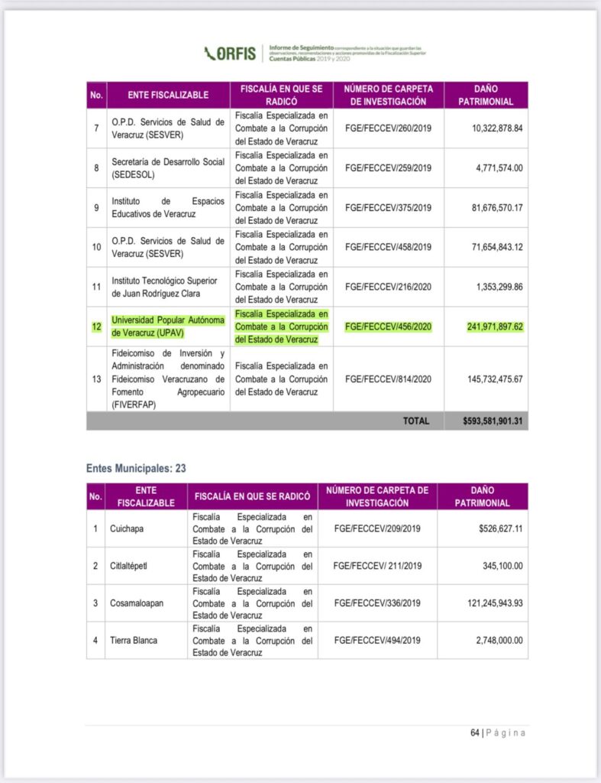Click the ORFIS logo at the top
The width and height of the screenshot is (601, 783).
pos(231,54)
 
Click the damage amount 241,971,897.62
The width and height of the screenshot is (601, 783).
pos(495,327)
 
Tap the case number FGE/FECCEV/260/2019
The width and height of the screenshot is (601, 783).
pos(388,128)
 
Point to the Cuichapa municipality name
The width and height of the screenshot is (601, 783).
pos(128,528)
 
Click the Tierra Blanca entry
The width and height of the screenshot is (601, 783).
pos(134,640)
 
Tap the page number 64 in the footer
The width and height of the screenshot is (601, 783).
pos(474,733)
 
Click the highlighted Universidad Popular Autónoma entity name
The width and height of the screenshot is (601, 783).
pos(168,327)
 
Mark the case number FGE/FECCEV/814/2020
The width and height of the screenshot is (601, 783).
pos(388,379)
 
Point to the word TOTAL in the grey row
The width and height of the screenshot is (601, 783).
pos(416,421)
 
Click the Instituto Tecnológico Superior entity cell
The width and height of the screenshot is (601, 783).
pos(164,287)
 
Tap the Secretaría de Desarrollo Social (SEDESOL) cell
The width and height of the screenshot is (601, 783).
pos(168,168)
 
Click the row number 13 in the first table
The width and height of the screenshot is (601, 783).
pos(96,379)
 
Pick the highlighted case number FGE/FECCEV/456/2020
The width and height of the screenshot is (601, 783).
pos(388,327)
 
